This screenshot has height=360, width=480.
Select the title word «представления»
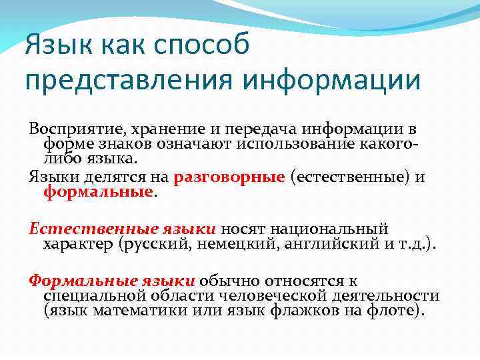127,81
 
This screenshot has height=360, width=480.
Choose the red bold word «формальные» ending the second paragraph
99,193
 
